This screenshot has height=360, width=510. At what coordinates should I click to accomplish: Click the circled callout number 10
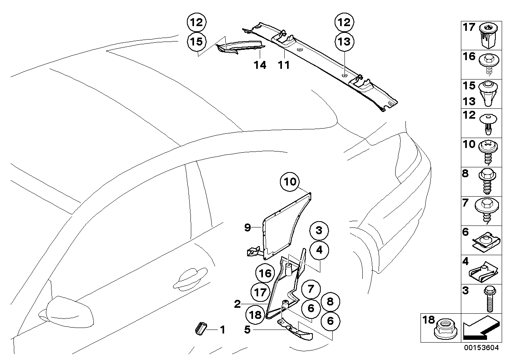(290, 182)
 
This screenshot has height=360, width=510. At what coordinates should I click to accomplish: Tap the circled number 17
(261, 293)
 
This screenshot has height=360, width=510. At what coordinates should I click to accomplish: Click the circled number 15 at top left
(197, 41)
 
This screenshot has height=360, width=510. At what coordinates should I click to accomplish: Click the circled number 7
(310, 289)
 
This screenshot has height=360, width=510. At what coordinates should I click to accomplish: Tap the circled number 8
(330, 302)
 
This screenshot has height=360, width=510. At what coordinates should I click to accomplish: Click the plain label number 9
(247, 227)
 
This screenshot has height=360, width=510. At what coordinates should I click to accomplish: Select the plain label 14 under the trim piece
(260, 65)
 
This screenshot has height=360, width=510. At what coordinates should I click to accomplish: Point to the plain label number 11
(284, 65)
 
